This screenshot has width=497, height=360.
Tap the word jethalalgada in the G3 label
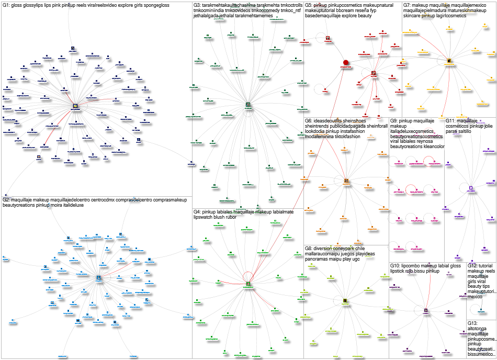coord(209,17)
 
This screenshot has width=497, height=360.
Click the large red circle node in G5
coord(345,63)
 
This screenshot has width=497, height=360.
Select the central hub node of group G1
coord(76,106)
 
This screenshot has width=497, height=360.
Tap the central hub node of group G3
coord(248,105)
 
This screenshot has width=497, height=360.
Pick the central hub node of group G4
coord(248,284)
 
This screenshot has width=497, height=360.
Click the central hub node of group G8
coord(345,301)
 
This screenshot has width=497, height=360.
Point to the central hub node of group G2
coord(98,278)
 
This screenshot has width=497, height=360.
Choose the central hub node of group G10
coord(426,310)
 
